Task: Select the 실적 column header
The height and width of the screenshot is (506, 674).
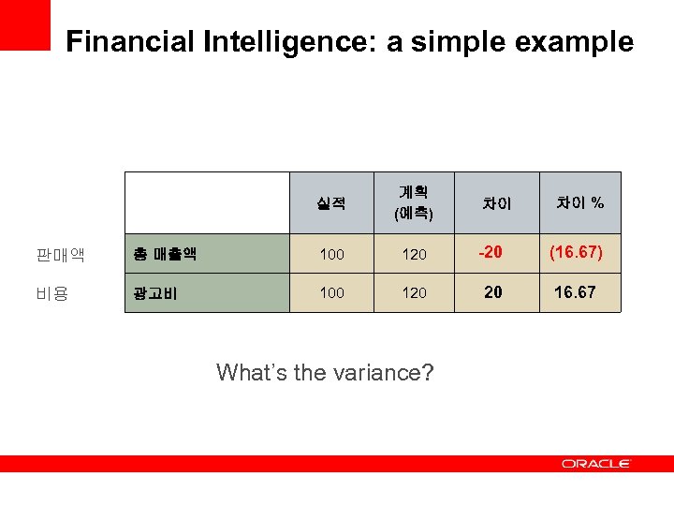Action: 331,202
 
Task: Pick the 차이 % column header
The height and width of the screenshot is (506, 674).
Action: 580,202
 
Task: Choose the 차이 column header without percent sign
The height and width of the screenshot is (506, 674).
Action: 496,202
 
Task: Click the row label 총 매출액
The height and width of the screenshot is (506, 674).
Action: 164,253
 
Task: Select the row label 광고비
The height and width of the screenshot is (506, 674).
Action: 154,292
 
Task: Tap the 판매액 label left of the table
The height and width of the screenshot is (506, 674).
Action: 60,254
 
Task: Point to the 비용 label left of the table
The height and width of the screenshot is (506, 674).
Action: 52,293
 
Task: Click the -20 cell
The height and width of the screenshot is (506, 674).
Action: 491,252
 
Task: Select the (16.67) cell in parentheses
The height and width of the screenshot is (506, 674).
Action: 576,252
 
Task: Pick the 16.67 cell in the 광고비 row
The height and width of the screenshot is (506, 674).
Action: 575,291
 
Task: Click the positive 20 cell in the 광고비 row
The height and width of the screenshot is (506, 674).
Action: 492,291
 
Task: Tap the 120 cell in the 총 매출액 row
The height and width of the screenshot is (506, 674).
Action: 414,254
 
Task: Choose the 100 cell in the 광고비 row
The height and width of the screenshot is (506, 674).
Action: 331,292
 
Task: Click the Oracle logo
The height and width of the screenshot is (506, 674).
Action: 595,463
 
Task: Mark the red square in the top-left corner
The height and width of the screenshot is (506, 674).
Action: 24,24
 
